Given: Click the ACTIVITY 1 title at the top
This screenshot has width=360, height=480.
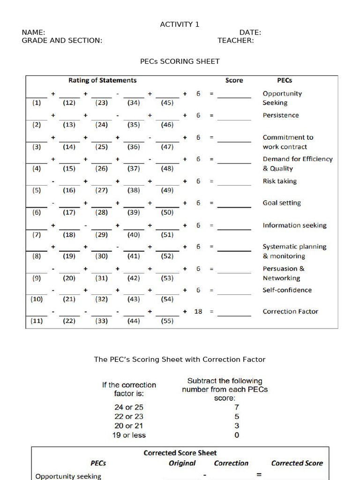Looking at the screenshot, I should (180, 24).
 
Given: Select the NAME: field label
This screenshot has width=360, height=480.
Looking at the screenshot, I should (33, 32).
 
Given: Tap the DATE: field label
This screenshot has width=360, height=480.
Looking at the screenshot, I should (250, 32).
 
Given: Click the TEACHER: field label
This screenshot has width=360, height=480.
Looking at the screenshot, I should (235, 40).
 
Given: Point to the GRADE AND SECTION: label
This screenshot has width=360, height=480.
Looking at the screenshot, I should (62, 40).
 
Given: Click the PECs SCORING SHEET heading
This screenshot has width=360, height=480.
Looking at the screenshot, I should (180, 61).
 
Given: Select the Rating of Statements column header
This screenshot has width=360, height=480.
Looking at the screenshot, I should (102, 80).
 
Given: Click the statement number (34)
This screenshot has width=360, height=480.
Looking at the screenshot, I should (134, 103).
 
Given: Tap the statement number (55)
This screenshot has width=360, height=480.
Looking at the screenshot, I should (167, 321).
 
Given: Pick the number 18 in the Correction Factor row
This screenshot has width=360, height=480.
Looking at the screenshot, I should (198, 312).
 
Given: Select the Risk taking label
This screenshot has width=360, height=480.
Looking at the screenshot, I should (279, 181).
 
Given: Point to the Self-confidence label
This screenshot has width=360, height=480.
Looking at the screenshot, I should (287, 290).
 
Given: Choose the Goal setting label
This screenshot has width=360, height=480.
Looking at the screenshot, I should (281, 203).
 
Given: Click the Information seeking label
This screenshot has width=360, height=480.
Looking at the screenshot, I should (294, 225).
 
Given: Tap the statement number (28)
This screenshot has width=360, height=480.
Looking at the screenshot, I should (101, 212).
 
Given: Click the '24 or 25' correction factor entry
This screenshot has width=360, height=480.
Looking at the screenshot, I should (128, 407).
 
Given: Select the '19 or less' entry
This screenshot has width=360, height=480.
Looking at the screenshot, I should (128, 435).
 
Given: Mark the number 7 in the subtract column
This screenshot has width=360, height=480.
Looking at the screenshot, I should (237, 407).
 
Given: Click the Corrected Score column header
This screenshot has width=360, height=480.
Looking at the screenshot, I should (297, 463).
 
